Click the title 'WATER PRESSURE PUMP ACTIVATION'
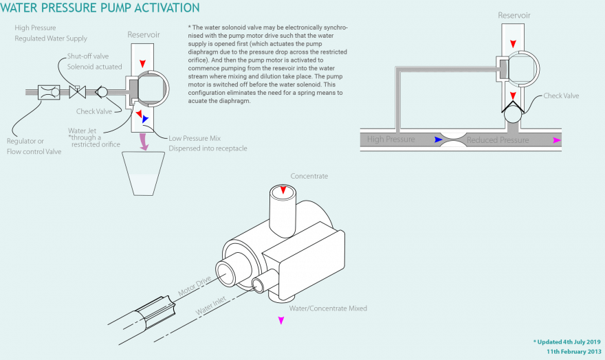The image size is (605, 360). click(101, 8)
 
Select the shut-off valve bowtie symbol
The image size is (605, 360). click(77, 91)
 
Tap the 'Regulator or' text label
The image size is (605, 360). click(25, 141)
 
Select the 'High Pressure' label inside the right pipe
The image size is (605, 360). click(391, 139)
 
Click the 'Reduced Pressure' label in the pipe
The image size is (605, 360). click(498, 140)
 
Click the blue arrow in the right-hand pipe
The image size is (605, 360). click(438, 139)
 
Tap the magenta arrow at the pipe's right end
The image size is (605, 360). click(557, 139)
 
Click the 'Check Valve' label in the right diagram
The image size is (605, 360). click(561, 96)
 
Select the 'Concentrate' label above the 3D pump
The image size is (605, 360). click(309, 177)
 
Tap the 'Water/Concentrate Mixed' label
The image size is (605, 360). click(328, 308)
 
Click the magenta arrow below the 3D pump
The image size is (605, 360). click(280, 321)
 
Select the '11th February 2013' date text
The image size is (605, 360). click(573, 351)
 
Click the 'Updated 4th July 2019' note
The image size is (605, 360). click(567, 341)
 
